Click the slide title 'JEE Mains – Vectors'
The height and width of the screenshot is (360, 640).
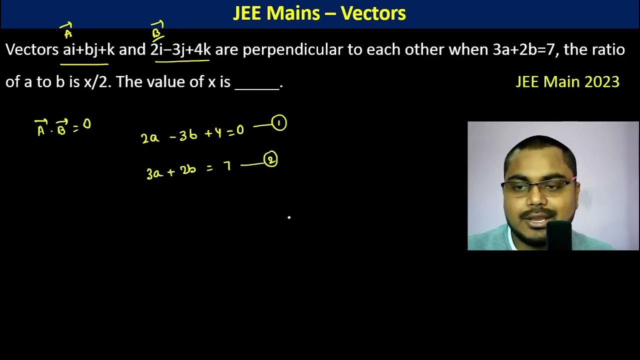(x=319, y=13)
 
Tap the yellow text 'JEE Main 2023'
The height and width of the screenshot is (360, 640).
(x=567, y=81)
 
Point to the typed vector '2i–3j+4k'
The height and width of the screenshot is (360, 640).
(x=180, y=50)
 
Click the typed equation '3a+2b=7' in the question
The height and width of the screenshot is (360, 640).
(x=524, y=50)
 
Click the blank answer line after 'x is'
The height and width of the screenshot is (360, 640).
(x=257, y=83)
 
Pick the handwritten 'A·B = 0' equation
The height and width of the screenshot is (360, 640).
(x=62, y=128)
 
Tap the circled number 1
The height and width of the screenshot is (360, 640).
(x=279, y=123)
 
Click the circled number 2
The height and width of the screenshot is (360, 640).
(x=270, y=160)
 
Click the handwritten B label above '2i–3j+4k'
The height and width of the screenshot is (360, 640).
(x=157, y=31)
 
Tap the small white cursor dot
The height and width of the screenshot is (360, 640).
(x=289, y=217)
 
